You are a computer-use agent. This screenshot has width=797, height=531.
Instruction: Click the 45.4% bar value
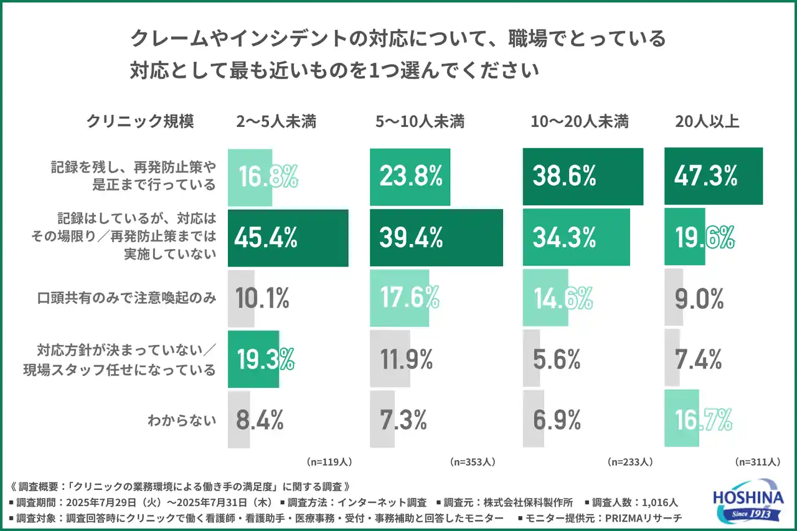pyautogui.click(x=266, y=238)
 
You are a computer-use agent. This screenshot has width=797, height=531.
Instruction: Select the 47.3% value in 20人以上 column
pyautogui.click(x=705, y=176)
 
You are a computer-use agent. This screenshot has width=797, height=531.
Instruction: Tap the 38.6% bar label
pyautogui.click(x=564, y=176)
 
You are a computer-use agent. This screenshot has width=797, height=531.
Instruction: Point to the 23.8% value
pyautogui.click(x=411, y=176)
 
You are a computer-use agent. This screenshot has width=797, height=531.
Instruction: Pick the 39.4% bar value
pyautogui.click(x=411, y=238)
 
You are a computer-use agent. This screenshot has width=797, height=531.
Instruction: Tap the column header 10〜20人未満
pyautogui.click(x=580, y=121)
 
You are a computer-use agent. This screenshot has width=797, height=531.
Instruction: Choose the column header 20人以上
pyautogui.click(x=707, y=121)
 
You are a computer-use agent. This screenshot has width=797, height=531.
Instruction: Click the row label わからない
pyautogui.click(x=182, y=421)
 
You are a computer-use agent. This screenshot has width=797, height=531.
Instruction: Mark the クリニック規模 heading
pyautogui.click(x=140, y=121)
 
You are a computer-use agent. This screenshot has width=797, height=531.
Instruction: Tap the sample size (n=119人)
pyautogui.click(x=329, y=462)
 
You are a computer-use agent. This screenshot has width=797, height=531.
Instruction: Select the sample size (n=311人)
pyautogui.click(x=757, y=462)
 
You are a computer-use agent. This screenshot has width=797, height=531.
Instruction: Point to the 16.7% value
pyautogui.click(x=703, y=421)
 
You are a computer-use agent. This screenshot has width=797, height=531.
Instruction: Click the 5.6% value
pyautogui.click(x=557, y=359)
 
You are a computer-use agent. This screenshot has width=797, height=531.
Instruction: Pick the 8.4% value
pyautogui.click(x=260, y=421)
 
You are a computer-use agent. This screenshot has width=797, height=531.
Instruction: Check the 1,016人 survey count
pyautogui.click(x=659, y=502)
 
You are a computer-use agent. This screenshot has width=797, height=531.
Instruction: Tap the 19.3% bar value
pyautogui.click(x=265, y=359)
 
